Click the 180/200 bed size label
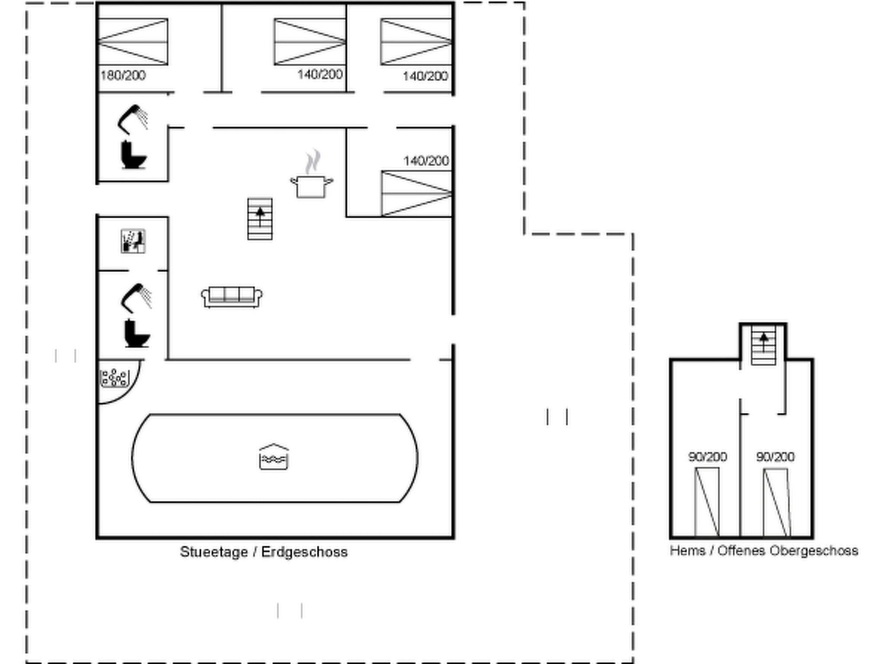click(x=123, y=76)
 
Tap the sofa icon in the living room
click(x=232, y=297)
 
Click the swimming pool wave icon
click(x=274, y=457)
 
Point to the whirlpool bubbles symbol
click(x=115, y=378)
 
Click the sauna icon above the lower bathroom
click(x=133, y=241)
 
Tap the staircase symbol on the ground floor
click(x=260, y=219)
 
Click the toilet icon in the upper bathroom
click(x=133, y=155)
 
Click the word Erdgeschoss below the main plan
click(x=304, y=552)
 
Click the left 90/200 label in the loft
click(x=707, y=457)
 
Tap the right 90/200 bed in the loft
click(x=776, y=502)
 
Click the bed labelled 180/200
click(x=133, y=42)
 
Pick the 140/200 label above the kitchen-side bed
click(x=426, y=161)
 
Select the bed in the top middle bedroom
click(x=310, y=42)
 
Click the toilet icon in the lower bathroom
click(x=137, y=334)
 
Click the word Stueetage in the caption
click(x=214, y=552)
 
